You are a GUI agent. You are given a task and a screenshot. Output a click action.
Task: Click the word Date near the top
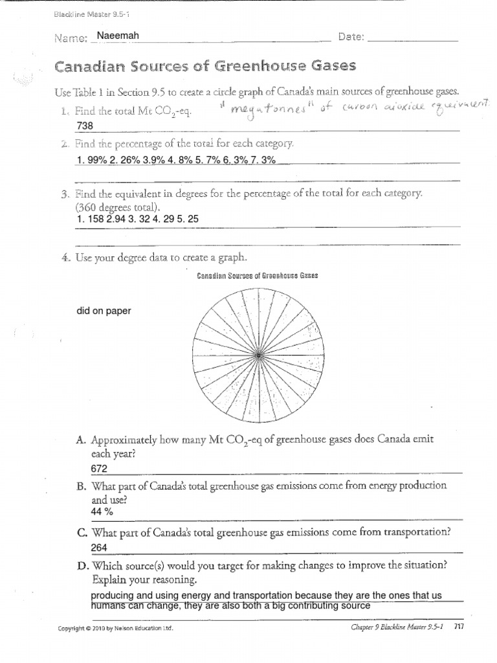click(351, 38)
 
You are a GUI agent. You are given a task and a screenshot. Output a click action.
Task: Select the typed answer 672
click(100, 468)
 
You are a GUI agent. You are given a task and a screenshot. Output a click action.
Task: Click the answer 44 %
click(102, 511)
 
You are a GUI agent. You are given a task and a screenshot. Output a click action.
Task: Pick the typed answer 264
click(100, 548)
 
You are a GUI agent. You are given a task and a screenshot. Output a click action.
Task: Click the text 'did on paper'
click(104, 311)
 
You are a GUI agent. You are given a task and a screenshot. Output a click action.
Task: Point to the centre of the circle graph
click(259, 355)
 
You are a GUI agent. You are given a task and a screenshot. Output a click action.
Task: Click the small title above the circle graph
click(258, 275)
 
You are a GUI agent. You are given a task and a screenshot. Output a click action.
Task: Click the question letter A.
click(81, 440)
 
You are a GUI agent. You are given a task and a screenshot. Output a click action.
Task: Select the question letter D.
click(82, 565)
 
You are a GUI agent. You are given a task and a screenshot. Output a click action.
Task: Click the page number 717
click(458, 627)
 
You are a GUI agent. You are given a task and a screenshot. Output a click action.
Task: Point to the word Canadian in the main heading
click(94, 67)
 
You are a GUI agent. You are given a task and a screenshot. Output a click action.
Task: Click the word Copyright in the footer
click(72, 628)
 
